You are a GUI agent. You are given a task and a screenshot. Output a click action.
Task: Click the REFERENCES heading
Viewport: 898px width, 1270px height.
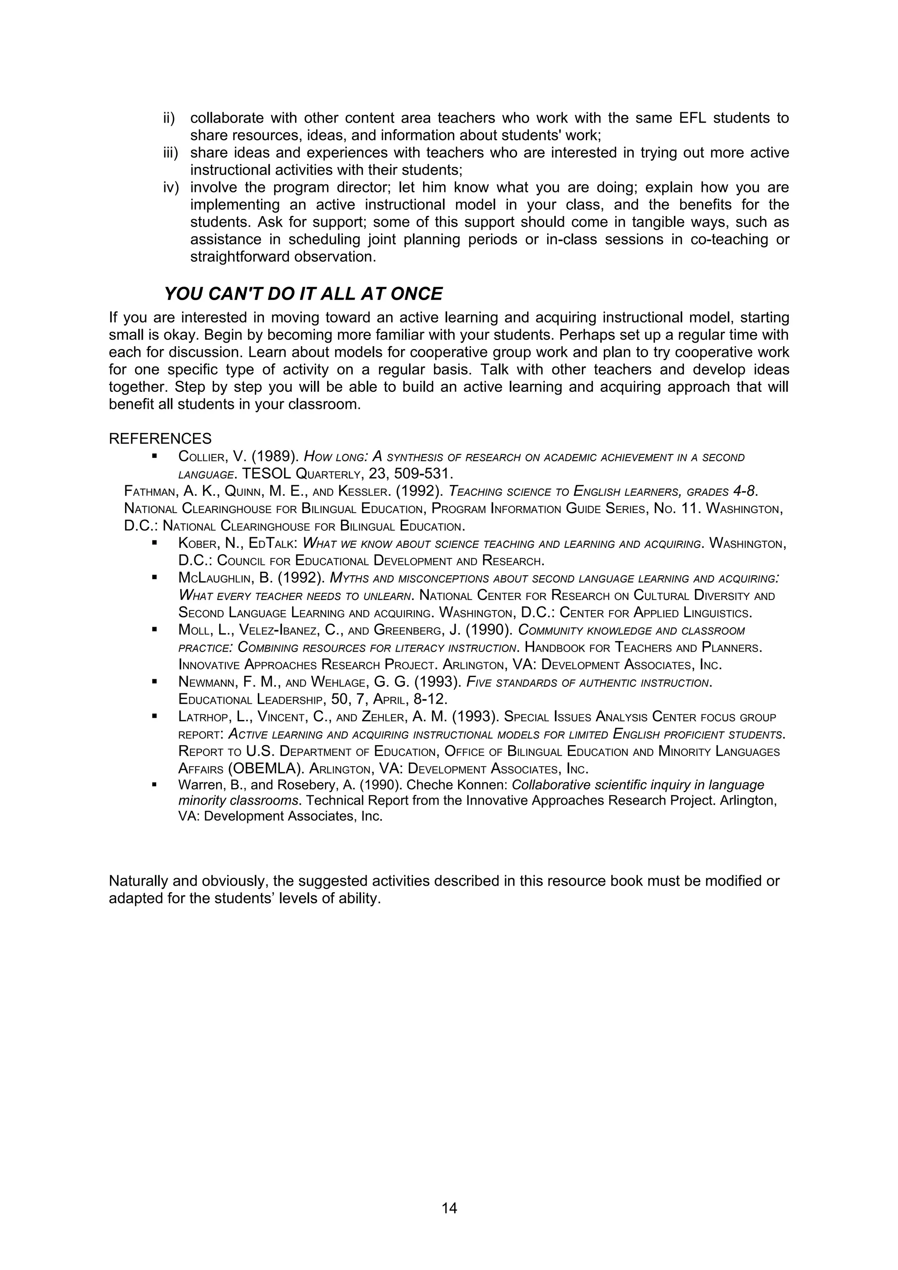point(160,439)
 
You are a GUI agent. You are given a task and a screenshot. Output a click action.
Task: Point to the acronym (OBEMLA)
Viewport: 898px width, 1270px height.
point(266,769)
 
